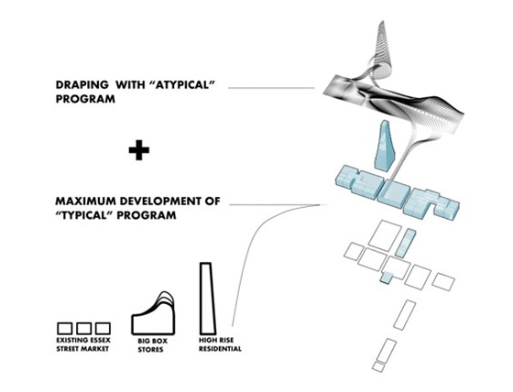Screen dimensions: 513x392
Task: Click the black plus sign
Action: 139,150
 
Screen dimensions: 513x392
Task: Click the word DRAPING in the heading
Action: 82,85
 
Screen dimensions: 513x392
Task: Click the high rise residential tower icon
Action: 207,299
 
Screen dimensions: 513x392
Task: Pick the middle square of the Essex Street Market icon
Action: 83,328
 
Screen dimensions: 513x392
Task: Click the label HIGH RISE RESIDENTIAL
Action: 220,344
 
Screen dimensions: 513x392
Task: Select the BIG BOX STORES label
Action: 151,345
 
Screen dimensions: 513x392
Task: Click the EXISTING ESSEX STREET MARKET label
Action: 83,344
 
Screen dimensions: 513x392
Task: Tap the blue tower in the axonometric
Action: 385,146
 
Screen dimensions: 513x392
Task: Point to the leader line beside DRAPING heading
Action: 271,88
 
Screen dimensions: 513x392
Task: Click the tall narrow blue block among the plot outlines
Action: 405,243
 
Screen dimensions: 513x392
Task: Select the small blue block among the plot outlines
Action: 387,278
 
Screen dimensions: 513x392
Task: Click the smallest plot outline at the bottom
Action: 378,366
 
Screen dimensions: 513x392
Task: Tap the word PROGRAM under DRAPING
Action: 85,99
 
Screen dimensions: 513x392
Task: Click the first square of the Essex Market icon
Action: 64,328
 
